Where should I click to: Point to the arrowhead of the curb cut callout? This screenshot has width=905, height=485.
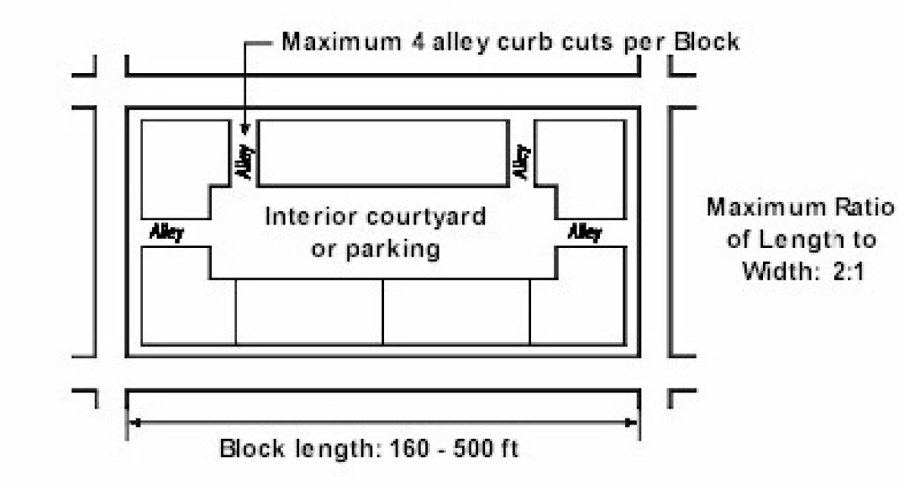(245, 129)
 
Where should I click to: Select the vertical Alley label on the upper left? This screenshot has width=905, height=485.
(244, 161)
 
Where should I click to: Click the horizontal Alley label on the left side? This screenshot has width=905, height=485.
(166, 231)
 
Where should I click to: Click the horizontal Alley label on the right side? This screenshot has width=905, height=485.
(584, 231)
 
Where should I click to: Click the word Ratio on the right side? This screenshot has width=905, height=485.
(868, 207)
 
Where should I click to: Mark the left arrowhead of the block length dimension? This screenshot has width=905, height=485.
(133, 422)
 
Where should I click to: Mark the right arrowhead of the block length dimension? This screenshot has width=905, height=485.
(634, 422)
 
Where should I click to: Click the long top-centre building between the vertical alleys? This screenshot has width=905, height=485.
(382, 152)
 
